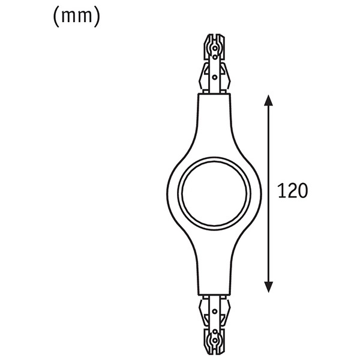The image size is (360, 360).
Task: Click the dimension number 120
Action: tap(292, 191)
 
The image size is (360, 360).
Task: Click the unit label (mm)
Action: tap(76, 17)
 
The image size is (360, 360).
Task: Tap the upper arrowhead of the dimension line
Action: tap(268, 100)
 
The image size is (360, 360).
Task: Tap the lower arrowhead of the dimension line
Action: tap(268, 287)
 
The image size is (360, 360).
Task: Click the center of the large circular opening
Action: tap(214, 194)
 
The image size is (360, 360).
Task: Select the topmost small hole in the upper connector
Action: tap(215, 49)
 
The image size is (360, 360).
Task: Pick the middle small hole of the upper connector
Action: tap(215, 57)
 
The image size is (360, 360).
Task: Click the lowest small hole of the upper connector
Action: tap(214, 77)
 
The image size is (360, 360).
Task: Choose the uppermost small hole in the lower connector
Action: tap(215, 311)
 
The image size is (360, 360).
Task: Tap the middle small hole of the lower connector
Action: tap(215, 332)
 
